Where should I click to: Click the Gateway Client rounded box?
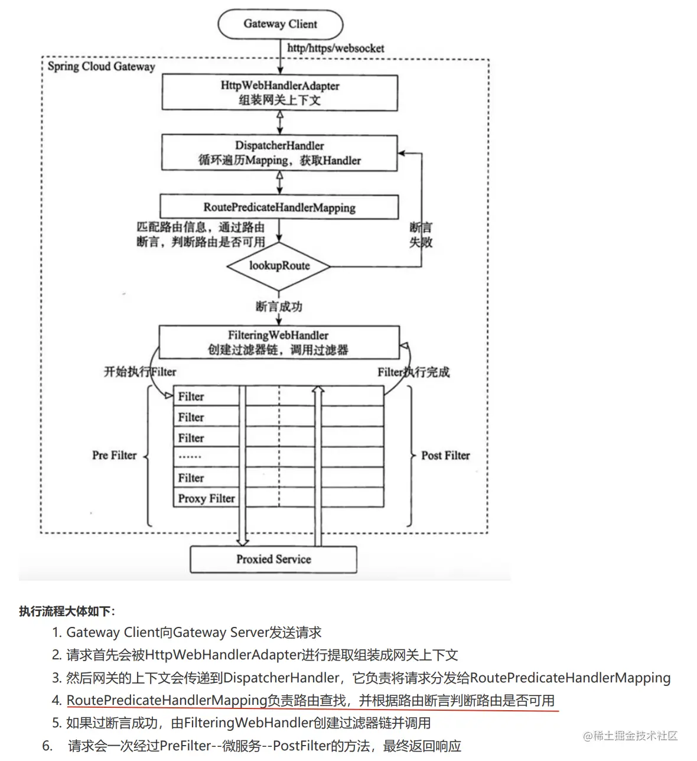click(x=280, y=24)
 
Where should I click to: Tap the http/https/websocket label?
click(x=336, y=48)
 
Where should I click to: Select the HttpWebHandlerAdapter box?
click(x=279, y=92)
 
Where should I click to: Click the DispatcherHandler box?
click(x=279, y=152)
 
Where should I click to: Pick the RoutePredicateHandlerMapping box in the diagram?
click(x=279, y=207)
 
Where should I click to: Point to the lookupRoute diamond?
click(x=279, y=266)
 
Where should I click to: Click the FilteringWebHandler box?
click(x=278, y=342)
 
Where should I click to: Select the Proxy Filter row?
click(x=206, y=498)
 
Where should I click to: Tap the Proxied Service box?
click(x=273, y=559)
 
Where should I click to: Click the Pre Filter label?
click(x=114, y=456)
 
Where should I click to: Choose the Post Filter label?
click(x=445, y=456)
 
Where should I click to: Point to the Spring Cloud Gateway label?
click(x=101, y=66)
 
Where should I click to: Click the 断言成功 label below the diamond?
click(x=279, y=307)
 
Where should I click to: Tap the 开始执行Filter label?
click(x=140, y=372)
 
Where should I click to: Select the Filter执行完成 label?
click(x=413, y=372)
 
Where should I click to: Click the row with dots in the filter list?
click(x=206, y=457)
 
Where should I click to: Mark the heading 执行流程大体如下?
click(x=67, y=611)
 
